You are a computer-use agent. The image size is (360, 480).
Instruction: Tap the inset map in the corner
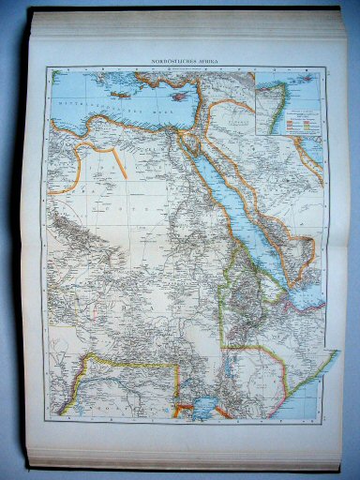coord(288,105)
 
